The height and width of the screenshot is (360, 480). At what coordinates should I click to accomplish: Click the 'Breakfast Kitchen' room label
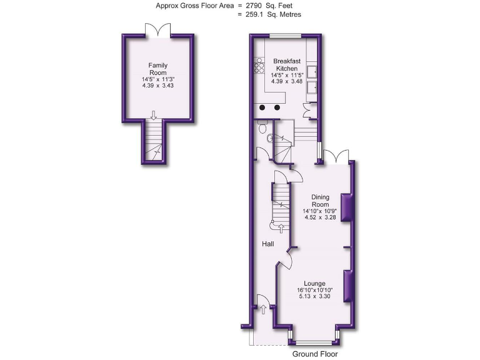click(x=287, y=64)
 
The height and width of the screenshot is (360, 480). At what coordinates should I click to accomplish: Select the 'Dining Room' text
click(x=320, y=201)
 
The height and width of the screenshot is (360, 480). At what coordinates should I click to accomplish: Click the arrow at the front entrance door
click(x=263, y=308)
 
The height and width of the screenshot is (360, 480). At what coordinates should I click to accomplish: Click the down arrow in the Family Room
click(x=153, y=114)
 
